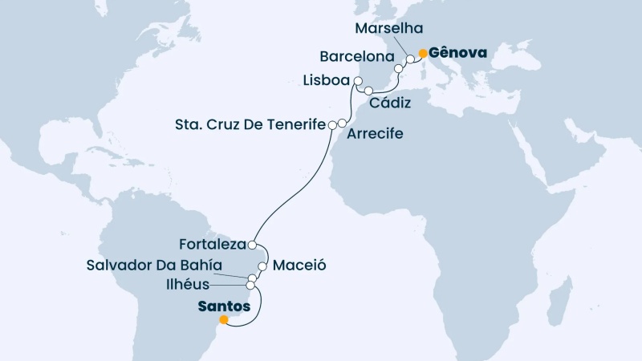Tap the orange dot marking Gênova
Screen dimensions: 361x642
coord(423,54)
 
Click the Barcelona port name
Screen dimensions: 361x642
coord(356,58)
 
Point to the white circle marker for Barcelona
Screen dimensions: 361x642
coord(399,70)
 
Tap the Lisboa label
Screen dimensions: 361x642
coord(327,81)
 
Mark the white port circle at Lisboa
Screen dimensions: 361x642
coord(358,80)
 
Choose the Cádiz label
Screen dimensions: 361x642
coord(390,103)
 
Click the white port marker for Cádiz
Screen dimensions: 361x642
coord(368,91)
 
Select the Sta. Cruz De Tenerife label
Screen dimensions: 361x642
coord(250,124)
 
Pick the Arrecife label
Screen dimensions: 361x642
coord(375,133)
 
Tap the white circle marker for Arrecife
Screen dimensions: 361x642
coord(342,124)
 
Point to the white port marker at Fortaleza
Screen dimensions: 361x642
coord(252,245)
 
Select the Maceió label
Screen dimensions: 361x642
coord(299,264)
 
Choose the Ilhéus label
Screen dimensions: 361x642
coord(189,284)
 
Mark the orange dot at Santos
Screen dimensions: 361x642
coord(224,319)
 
